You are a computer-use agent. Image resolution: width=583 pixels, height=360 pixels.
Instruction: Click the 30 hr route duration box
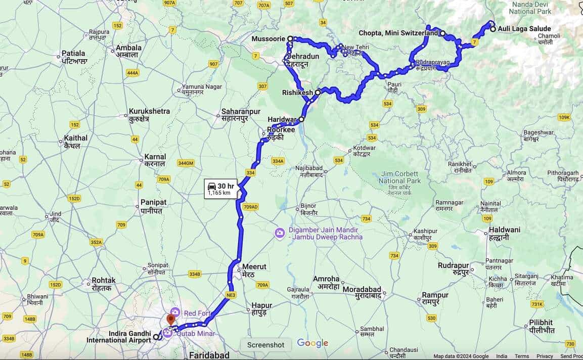pos(220,189)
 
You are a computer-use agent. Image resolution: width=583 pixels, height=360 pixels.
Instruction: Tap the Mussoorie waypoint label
pos(268,38)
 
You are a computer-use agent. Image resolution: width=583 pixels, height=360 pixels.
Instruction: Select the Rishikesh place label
pos(297,93)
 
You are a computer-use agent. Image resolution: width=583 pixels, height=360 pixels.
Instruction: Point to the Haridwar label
pos(282,119)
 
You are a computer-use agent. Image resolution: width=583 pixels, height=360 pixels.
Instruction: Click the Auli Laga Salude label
pos(524,29)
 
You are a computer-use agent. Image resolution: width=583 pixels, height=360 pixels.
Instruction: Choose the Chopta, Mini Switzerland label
pos(398,33)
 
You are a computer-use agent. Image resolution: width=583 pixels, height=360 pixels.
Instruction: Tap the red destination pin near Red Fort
pos(171,320)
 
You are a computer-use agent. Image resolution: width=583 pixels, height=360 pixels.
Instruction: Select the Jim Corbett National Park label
pos(399,177)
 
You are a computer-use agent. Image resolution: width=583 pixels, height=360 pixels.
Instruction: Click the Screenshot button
pos(265,345)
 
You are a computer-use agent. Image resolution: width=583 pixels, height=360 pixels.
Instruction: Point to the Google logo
pos(312,343)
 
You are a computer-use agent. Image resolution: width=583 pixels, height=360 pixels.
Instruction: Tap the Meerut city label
pos(254,267)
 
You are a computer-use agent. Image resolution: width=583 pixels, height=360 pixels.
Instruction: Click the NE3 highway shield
pos(231,295)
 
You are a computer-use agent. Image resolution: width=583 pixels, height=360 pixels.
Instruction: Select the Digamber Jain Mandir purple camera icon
pos(279,233)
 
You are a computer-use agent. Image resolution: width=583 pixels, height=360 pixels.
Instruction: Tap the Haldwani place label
pos(504,230)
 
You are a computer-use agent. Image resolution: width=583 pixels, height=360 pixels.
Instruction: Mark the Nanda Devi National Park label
pos(531,8)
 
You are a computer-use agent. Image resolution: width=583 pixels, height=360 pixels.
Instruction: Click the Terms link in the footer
pos(522,356)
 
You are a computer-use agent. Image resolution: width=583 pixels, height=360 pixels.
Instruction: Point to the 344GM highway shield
pos(186,163)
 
